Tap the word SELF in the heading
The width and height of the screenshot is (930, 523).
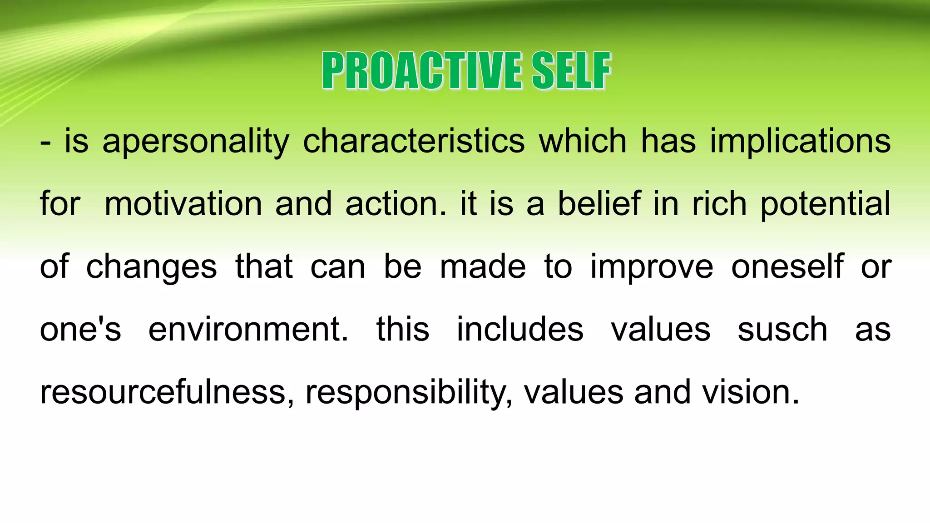coord(571,71)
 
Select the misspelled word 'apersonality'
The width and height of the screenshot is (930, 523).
coord(196,142)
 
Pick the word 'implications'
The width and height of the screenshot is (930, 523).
coord(800,142)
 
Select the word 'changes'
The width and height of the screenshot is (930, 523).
coord(151,268)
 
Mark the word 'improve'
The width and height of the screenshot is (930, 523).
coord(652,268)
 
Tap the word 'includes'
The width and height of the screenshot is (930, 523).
coord(520,329)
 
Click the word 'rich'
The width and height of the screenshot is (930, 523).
coord(719,204)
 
